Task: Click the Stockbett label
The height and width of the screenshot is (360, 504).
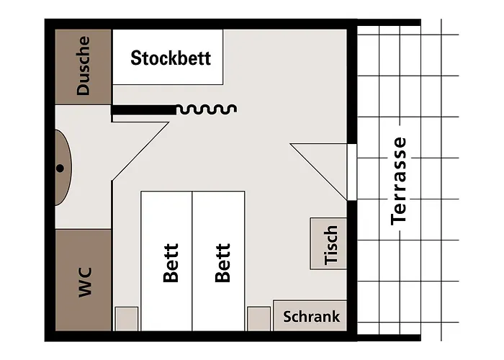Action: point(171,58)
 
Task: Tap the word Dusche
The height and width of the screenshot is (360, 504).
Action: point(84,66)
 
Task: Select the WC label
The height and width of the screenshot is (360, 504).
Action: point(86,282)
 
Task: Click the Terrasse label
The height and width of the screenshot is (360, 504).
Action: point(399,181)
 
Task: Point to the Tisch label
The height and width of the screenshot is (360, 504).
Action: point(330,245)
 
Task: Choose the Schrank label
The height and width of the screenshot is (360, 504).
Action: point(311,317)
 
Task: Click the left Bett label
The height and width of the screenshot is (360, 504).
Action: point(171,263)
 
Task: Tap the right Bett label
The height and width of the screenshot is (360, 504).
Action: point(222,263)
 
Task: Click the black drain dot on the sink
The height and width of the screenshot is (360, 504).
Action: point(60,168)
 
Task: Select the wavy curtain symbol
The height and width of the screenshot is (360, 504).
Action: point(207,109)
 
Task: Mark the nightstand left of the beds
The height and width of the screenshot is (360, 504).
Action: point(127,318)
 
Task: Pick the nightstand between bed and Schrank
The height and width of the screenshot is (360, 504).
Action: point(258,318)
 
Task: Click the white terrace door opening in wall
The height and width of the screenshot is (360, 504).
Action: point(352,172)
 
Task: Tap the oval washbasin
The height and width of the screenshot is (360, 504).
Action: point(63,168)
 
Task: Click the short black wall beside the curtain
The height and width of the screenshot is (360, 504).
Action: point(144,109)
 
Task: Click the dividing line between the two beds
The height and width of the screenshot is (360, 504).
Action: point(192,261)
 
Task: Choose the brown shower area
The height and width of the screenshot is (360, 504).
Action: point(84,67)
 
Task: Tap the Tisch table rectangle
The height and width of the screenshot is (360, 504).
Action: point(328,243)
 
